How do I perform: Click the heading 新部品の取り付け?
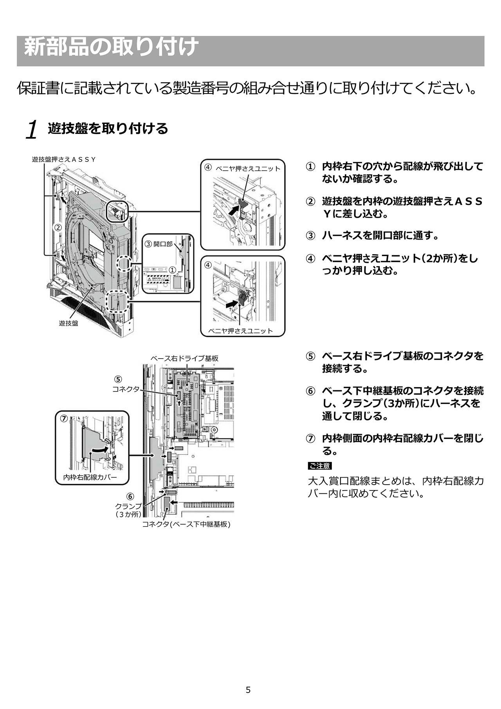pyautogui.click(x=111, y=48)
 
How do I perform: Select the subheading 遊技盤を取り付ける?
pyautogui.click(x=108, y=128)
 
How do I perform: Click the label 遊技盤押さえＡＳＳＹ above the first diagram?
pyautogui.click(x=64, y=159)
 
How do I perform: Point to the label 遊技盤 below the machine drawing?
pyautogui.click(x=68, y=323)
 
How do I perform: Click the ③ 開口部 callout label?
pyautogui.click(x=159, y=244)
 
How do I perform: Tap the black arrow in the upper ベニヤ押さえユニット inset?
pyautogui.click(x=233, y=210)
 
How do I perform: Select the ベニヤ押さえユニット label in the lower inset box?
pyautogui.click(x=241, y=331)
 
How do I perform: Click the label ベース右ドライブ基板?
pyautogui.click(x=185, y=358)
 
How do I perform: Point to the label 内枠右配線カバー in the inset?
pyautogui.click(x=90, y=478)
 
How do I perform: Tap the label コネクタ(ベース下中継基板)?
pyautogui.click(x=186, y=524)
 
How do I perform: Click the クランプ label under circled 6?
pyautogui.click(x=128, y=506)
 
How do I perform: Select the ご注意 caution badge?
pyautogui.click(x=320, y=466)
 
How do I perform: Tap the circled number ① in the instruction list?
pyautogui.click(x=310, y=166)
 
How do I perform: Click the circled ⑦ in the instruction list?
pyautogui.click(x=310, y=439)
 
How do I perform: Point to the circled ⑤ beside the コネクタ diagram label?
pyautogui.click(x=118, y=379)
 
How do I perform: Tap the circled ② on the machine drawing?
pyautogui.click(x=58, y=227)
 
